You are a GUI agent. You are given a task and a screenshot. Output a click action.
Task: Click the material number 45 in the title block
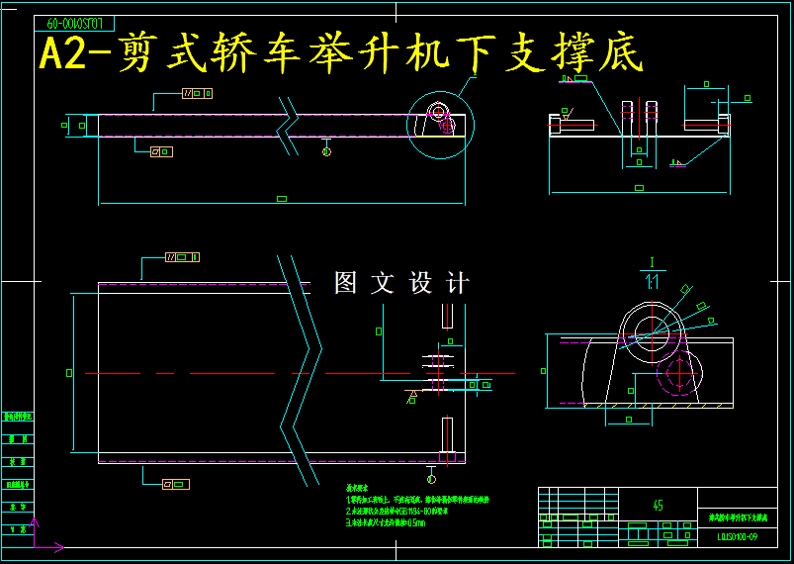659,506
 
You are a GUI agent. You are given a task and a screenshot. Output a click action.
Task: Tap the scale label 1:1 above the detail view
653,282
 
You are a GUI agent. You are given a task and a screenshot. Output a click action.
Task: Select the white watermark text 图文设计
401,283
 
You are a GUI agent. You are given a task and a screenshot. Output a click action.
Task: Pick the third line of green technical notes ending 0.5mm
386,522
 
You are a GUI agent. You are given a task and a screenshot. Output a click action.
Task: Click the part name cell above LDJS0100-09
738,517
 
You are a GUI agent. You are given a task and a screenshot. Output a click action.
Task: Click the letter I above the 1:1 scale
653,263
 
